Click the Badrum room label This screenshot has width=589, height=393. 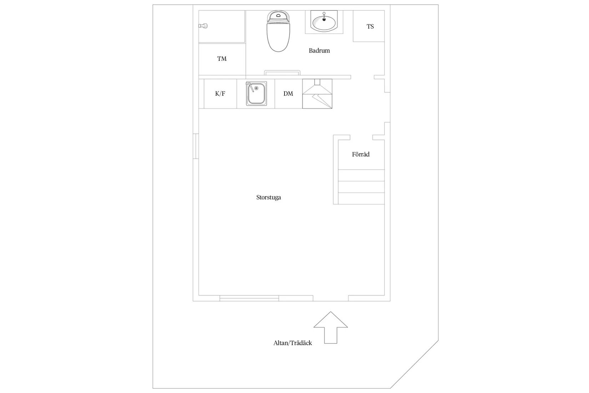click(x=319, y=50)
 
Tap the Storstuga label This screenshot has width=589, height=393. click(x=268, y=198)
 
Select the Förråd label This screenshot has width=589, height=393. click(x=361, y=154)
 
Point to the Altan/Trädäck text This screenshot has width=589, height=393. click(x=293, y=343)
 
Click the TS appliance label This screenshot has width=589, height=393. click(x=370, y=26)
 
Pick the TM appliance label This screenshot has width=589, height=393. click(x=222, y=59)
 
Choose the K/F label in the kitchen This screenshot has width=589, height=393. click(x=220, y=94)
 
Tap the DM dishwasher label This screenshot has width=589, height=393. click(x=288, y=94)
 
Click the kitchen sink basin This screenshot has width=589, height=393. click(x=256, y=94)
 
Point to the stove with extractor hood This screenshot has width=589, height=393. click(x=317, y=94)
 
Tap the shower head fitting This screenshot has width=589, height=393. click(x=203, y=26)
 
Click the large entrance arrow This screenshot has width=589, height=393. click(x=331, y=328)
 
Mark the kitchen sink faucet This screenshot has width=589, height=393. click(x=250, y=87)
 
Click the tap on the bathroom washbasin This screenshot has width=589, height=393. click(x=324, y=16)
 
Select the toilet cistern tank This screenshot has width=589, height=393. click(x=278, y=16)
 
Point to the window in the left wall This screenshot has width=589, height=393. click(x=196, y=146)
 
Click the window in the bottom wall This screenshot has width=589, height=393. click(x=249, y=298)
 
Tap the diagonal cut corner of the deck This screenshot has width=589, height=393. click(x=414, y=364)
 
